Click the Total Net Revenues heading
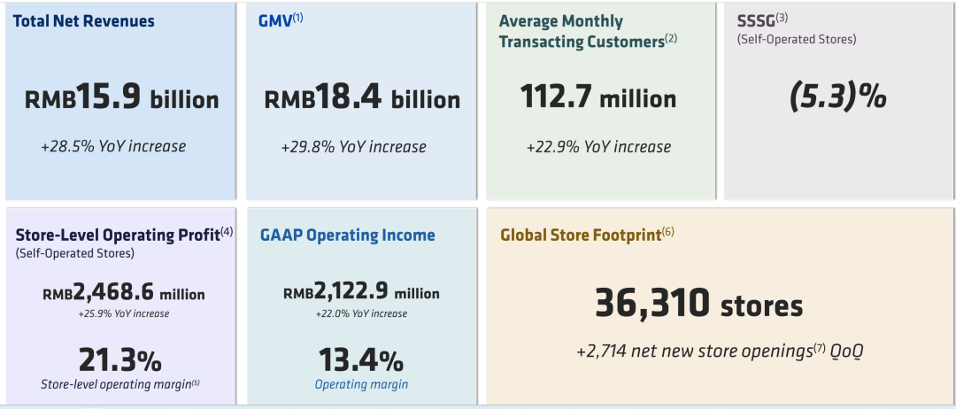click(84, 21)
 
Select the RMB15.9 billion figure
click(121, 98)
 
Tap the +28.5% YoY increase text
click(113, 146)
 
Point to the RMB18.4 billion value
click(362, 99)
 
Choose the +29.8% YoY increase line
click(353, 147)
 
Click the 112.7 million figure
click(598, 97)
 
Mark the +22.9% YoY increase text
click(598, 147)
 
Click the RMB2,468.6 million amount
click(124, 294)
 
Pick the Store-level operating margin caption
click(120, 384)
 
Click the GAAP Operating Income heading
click(347, 235)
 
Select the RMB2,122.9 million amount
click(361, 293)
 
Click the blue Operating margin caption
click(361, 384)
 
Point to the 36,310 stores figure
click(698, 304)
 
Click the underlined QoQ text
click(846, 351)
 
